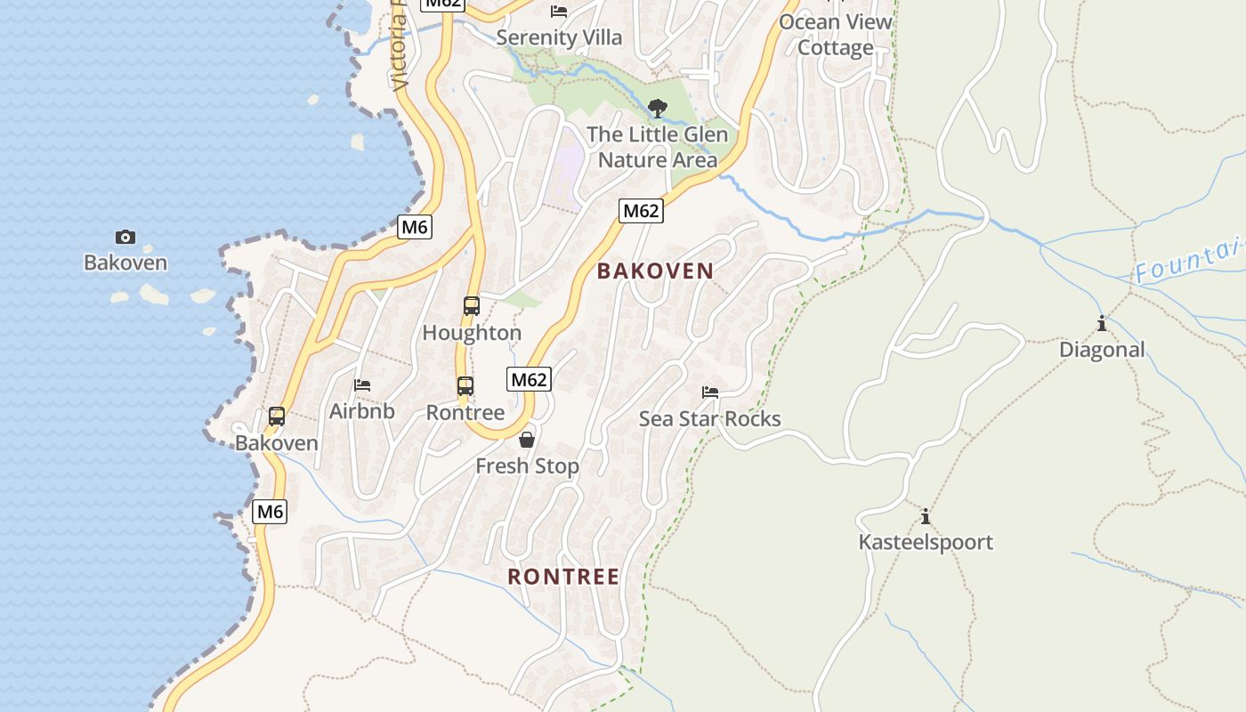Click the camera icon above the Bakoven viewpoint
point(125,237)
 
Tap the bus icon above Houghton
point(472,306)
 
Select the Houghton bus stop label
point(472,333)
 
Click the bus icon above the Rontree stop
point(465,386)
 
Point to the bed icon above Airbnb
point(362,385)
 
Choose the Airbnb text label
point(362,411)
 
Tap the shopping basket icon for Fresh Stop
point(527,440)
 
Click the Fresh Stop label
point(527,465)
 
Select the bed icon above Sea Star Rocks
point(710,392)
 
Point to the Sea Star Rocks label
point(710,418)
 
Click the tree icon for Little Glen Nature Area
point(658,109)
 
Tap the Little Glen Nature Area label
point(658,147)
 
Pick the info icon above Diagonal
point(1102,323)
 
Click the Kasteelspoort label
point(926,542)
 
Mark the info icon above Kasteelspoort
point(926,516)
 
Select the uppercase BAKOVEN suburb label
point(656,271)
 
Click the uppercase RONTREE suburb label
point(563,577)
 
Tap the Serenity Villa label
point(559,37)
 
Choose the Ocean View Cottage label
point(835,34)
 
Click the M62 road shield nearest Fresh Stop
point(530,380)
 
